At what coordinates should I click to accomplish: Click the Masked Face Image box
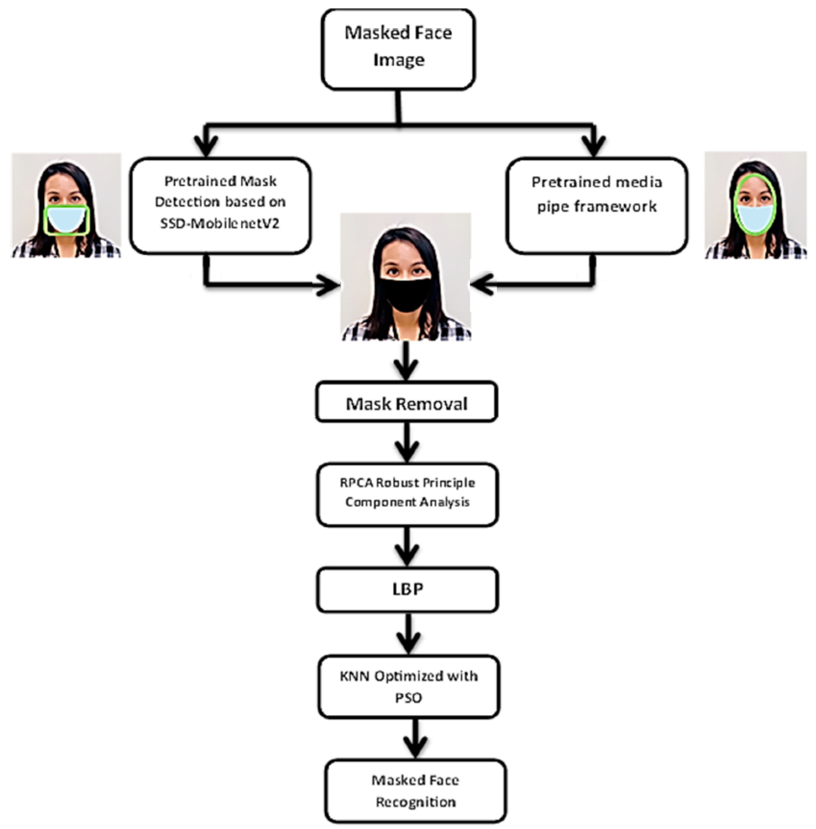click(398, 49)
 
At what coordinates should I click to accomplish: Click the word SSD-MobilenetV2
click(219, 223)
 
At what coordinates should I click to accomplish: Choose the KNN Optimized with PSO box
click(408, 686)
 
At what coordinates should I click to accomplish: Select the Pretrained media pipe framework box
click(597, 206)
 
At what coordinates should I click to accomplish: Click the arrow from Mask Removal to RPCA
click(407, 443)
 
